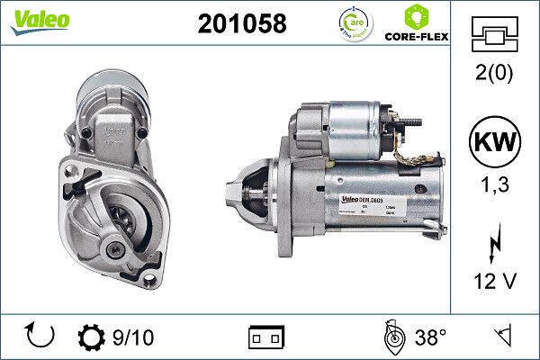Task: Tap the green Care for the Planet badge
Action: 354,23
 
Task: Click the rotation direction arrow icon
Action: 40,337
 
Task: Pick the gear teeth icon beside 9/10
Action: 93,337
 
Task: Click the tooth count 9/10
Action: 133,337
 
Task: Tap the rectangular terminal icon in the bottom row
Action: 266,337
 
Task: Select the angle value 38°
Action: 430,337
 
